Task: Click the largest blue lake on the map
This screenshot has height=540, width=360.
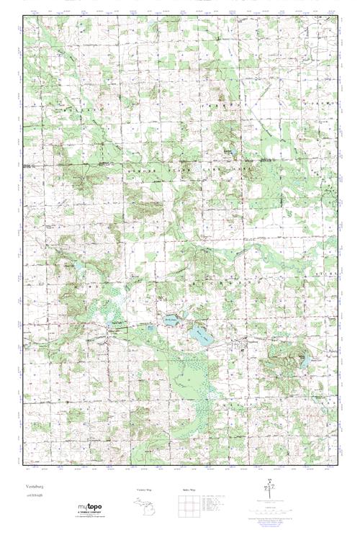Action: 199,335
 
